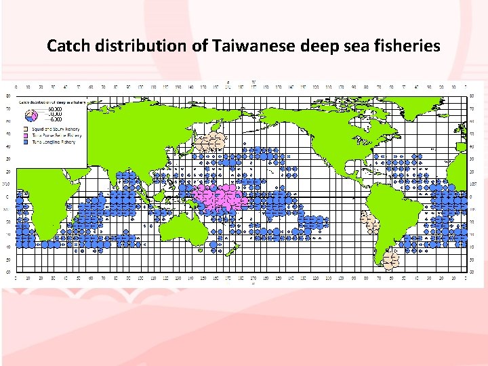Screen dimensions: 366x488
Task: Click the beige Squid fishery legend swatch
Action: click(x=24, y=127)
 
